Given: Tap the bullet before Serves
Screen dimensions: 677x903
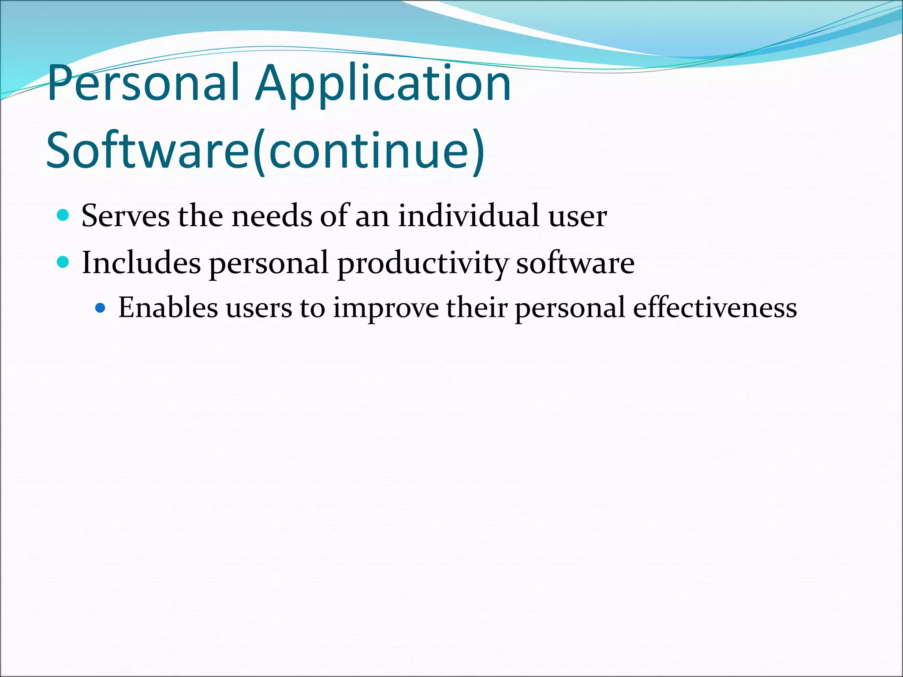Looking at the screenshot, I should click(x=63, y=216).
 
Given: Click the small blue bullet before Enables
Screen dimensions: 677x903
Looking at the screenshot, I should click(x=101, y=308).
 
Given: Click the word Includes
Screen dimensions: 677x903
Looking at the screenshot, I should click(x=141, y=263).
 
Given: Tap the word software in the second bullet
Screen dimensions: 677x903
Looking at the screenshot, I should click(x=575, y=263).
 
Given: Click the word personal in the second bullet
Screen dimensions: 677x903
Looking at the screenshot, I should click(x=269, y=264).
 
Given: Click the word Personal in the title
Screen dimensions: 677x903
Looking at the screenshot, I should click(x=144, y=84).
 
